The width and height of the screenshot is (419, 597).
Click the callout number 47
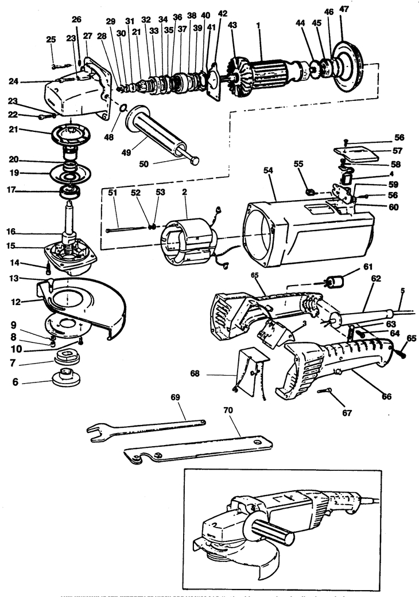pyautogui.click(x=344, y=10)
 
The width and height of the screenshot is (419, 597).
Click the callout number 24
pyautogui.click(x=14, y=81)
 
